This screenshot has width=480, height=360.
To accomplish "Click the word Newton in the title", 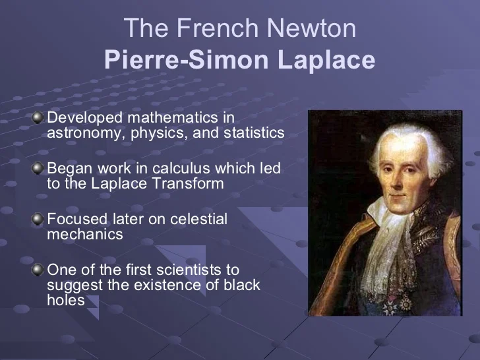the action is [x=312, y=28].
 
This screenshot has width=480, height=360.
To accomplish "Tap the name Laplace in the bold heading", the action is [x=326, y=60].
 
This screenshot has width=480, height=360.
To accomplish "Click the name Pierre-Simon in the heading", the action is [x=186, y=59].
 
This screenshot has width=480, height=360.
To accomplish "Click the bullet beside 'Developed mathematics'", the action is [x=38, y=117].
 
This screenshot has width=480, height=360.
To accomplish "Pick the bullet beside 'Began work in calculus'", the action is [x=38, y=168].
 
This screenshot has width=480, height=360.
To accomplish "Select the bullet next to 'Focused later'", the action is [x=38, y=219].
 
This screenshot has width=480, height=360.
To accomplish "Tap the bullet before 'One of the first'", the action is [x=38, y=270].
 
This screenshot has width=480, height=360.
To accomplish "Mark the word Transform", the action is [x=188, y=183].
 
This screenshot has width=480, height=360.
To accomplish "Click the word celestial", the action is [x=198, y=219].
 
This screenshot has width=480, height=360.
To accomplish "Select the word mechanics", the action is [x=85, y=234].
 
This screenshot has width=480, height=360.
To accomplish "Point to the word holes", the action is [x=66, y=299].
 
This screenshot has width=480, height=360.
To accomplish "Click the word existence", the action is [x=167, y=285].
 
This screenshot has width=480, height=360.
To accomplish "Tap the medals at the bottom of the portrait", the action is [x=396, y=305].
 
